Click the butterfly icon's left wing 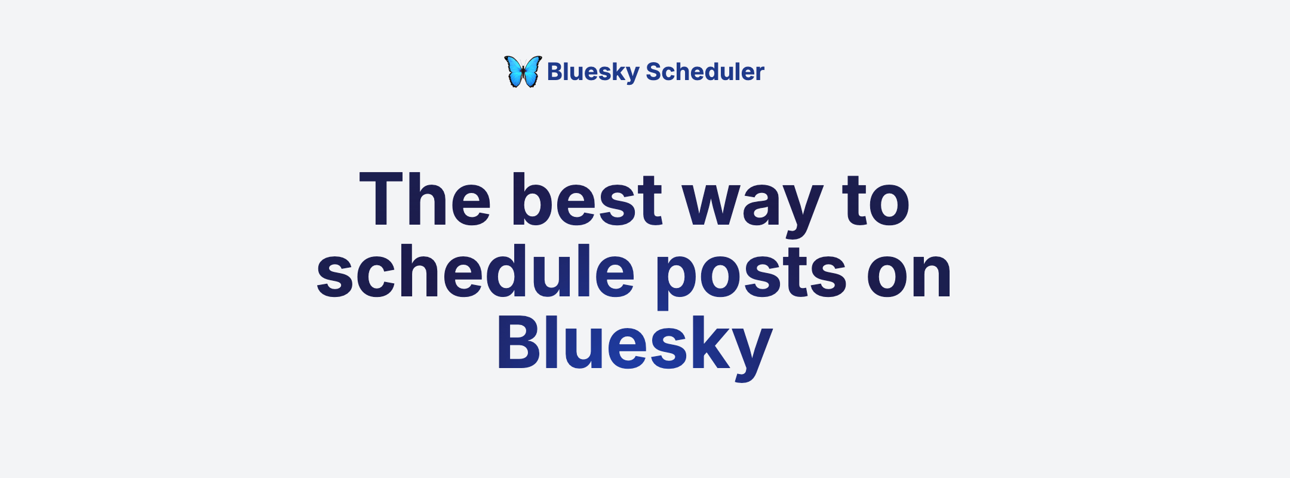coord(513,70)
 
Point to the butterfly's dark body coord(523,73)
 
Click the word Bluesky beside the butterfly coord(593,72)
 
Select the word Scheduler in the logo coord(705,72)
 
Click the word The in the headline coord(425,200)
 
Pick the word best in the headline coord(586,200)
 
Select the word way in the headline coord(752,207)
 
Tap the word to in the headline coord(876,201)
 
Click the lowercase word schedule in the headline coord(475,271)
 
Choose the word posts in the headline coord(751,277)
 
